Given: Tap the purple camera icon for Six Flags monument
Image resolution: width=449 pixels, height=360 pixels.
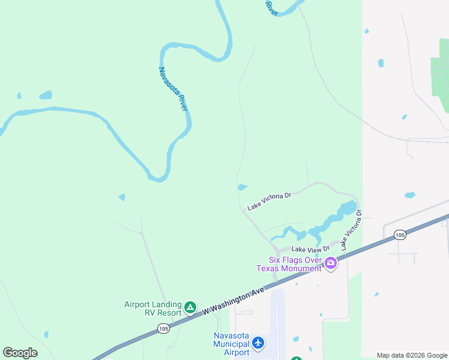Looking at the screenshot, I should tap(330, 263).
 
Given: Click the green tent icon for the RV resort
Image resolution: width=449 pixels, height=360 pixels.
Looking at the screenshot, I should tap(190, 308).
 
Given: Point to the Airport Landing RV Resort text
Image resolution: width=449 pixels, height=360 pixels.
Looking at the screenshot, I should tap(152, 308).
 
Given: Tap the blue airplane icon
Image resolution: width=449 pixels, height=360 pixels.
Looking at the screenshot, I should tap(258, 343).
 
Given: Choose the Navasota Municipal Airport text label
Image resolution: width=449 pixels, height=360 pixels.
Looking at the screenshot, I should tap(232, 344).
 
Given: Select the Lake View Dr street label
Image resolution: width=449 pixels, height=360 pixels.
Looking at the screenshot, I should tap(310, 249).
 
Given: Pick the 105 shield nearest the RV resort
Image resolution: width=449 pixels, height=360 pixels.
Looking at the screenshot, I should tap(163, 328).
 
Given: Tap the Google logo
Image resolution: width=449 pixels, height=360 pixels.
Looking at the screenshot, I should tap(20, 353).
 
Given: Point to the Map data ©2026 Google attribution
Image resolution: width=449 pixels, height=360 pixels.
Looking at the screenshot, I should tap(412, 355).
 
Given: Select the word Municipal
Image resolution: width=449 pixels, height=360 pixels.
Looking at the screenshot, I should tap(231, 344).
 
